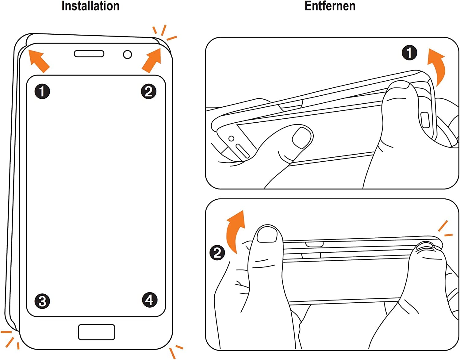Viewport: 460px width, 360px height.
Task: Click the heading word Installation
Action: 90,6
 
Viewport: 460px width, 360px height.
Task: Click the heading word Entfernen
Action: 330,6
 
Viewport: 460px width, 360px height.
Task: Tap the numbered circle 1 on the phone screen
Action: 42,91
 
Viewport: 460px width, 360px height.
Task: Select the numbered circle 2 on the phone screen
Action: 149,91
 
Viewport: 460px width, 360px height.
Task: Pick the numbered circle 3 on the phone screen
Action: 42,301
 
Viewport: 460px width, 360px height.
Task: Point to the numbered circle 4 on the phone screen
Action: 150,300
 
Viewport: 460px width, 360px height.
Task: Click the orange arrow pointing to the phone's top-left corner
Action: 39,61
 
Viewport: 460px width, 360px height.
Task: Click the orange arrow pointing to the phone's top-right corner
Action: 152,60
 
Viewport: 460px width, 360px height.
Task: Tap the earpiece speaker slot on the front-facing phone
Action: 89,54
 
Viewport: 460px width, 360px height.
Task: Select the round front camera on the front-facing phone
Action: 128,55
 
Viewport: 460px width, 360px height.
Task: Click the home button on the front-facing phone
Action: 97,332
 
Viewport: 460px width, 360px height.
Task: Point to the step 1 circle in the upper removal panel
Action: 409,53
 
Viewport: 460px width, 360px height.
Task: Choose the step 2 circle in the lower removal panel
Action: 217,253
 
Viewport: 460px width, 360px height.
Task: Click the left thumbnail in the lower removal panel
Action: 267,235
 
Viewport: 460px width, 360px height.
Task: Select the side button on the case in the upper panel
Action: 425,120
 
